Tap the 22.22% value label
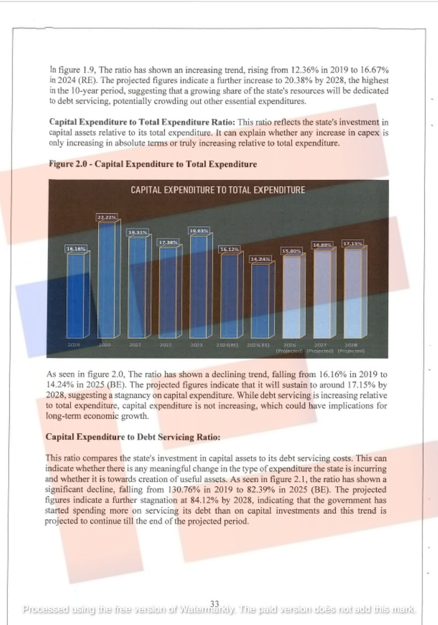pos(107,217)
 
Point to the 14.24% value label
pos(260,259)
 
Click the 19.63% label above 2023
pos(199,231)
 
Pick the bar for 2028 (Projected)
pos(353,293)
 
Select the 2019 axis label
pos(74,345)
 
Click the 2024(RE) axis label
pos(227,345)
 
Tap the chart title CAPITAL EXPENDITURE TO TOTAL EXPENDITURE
pos(218,190)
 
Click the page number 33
pos(215,604)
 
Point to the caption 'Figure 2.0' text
pos(68,164)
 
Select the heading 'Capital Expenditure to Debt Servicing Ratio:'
pos(133,437)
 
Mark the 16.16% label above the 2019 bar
pos(76,249)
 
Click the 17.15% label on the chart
pos(353,243)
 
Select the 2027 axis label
pos(320,345)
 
